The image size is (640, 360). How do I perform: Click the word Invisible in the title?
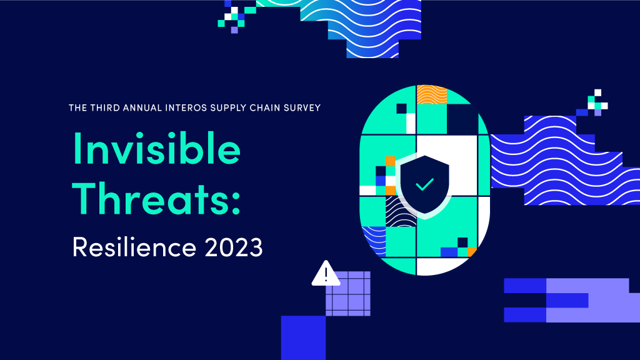coord(156,147)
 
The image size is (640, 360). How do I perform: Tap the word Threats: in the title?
coord(156,198)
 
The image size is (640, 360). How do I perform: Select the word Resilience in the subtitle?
coord(134,246)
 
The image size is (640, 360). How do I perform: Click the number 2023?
coord(234,247)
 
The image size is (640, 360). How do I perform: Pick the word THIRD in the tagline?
coord(105,107)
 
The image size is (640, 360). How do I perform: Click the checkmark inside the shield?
coord(425,184)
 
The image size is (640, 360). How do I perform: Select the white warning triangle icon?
coord(326,274)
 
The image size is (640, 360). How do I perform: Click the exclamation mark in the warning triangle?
coord(326,274)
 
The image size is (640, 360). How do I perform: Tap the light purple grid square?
coord(347,294)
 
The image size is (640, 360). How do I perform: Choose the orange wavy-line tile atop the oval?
coord(431,95)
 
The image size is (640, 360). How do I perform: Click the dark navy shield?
coord(425,184)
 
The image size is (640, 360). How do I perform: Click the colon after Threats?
coord(236,202)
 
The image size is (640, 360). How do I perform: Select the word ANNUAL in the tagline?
coord(142,107)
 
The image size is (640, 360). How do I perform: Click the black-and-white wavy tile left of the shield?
coord(401,212)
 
